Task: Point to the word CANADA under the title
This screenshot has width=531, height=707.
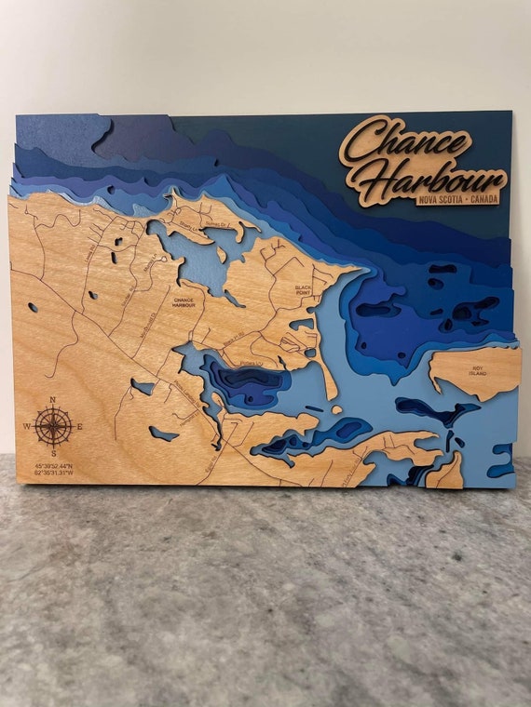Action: pyautogui.click(x=484, y=198)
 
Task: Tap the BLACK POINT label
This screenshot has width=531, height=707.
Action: pyautogui.click(x=303, y=290)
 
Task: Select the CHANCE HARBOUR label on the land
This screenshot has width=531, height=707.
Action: pyautogui.click(x=184, y=302)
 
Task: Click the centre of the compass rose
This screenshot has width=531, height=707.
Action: pyautogui.click(x=54, y=427)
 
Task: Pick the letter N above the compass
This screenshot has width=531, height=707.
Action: pyautogui.click(x=53, y=400)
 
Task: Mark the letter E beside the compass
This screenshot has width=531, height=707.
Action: pyautogui.click(x=80, y=427)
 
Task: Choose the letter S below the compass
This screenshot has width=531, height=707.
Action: pyautogui.click(x=54, y=454)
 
